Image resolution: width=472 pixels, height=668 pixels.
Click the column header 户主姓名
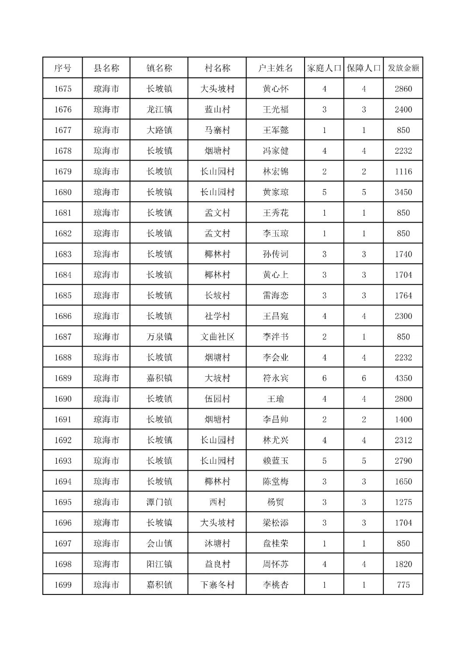(275, 68)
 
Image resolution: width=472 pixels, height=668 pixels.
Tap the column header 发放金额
(403, 68)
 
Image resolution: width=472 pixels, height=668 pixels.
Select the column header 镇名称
(159, 68)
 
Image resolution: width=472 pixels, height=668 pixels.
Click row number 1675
(63, 89)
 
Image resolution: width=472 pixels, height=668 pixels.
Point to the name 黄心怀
(275, 89)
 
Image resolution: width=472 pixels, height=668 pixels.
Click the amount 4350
(403, 378)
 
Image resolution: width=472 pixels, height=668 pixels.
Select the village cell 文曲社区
(217, 337)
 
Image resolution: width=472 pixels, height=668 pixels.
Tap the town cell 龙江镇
(159, 109)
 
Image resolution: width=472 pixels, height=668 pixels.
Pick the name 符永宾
(275, 378)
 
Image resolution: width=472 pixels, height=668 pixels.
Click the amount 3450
(403, 192)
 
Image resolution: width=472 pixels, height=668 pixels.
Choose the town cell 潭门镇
(159, 502)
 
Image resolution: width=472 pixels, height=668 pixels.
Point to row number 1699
(63, 585)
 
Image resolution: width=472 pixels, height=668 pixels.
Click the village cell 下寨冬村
(217, 585)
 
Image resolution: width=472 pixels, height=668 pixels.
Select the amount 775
(403, 585)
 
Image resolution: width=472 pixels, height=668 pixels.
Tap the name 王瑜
(275, 399)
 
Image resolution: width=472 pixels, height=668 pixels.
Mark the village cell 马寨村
(217, 130)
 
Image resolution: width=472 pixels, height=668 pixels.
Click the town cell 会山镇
(159, 543)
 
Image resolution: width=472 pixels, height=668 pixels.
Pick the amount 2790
(403, 461)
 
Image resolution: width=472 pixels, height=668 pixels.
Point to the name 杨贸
(275, 502)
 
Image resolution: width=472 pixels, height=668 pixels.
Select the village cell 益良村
(217, 564)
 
